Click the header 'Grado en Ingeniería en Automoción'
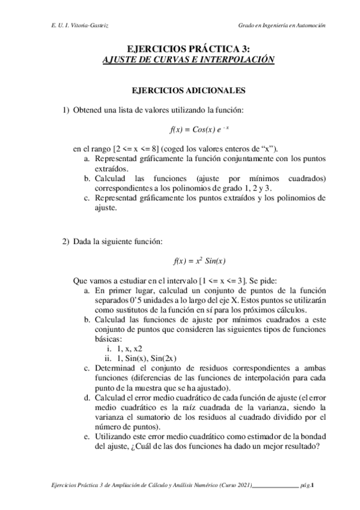[x=282, y=25]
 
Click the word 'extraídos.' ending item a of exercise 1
[x=110, y=170]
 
